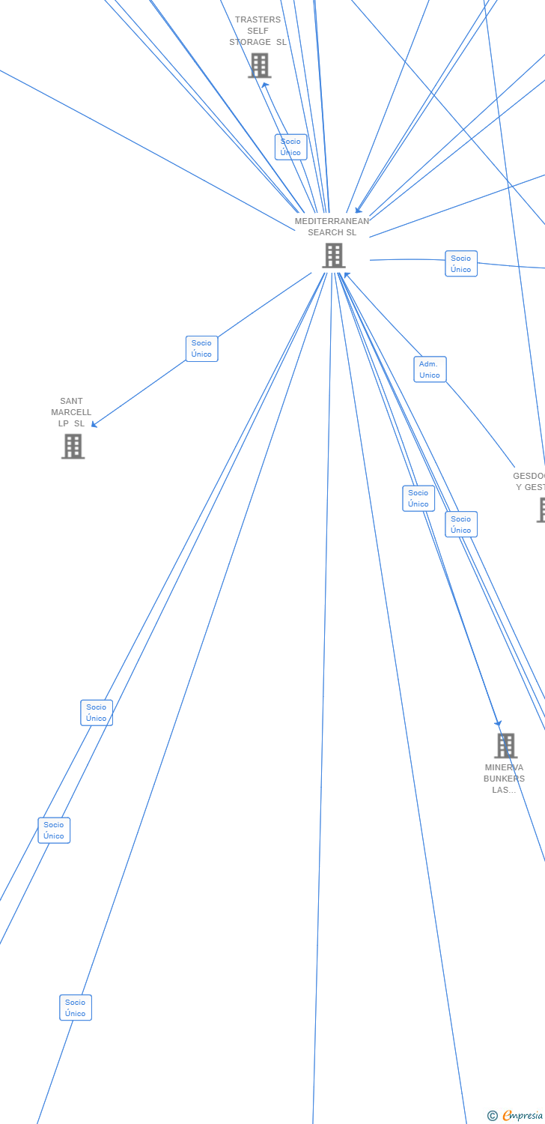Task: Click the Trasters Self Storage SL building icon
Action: click(259, 66)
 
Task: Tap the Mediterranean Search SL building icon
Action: click(333, 256)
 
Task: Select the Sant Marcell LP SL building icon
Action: click(73, 447)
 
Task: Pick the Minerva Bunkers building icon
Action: click(505, 746)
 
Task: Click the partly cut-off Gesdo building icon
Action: click(541, 510)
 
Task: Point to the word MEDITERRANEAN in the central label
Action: click(332, 221)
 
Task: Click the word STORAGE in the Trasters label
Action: click(250, 42)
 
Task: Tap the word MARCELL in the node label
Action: click(71, 412)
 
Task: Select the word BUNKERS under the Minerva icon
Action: click(504, 779)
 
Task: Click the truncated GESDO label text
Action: click(529, 476)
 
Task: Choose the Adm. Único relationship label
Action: click(430, 369)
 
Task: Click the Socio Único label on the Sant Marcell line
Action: click(201, 348)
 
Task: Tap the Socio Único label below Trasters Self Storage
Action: click(290, 147)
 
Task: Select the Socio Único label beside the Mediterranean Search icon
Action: click(461, 264)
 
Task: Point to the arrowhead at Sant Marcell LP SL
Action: click(94, 425)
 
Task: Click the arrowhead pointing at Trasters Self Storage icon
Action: click(264, 85)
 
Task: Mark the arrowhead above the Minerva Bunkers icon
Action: click(498, 723)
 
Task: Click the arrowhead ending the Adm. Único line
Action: click(347, 275)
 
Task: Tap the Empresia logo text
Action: click(523, 1116)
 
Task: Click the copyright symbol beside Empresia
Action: click(492, 1116)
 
